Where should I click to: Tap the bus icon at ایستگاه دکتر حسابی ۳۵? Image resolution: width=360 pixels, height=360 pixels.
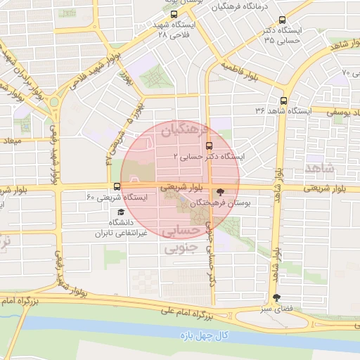pos(283,20)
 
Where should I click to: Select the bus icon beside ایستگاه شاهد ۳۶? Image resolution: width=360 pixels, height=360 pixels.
pos(283,101)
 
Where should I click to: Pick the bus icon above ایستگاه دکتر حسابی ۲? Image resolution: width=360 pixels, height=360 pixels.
pos(208,146)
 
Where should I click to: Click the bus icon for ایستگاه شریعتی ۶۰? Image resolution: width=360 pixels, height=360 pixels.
pos(117,186)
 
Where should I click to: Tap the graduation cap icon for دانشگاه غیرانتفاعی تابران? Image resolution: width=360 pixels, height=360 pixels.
pos(121,212)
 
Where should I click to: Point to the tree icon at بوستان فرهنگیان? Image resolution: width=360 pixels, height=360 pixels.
pos(220,191)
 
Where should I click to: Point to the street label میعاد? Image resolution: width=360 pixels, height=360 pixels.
pos(15,141)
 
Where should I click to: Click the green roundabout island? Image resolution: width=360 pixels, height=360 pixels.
pos(55,103)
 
